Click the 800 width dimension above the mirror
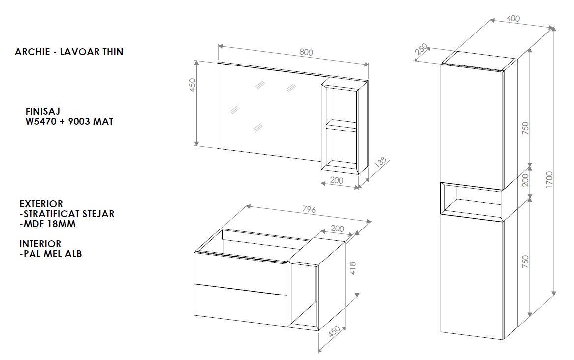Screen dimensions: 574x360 306,52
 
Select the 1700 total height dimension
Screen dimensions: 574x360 549,179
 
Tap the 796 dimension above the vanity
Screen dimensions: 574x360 309,209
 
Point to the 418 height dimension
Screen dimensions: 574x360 353,268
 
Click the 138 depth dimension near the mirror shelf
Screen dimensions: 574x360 381,162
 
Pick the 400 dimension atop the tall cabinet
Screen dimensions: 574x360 513,18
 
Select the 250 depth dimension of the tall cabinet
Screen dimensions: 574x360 421,49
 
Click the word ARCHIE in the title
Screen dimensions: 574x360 32,52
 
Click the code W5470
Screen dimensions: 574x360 41,121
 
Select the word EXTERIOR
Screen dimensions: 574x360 41,204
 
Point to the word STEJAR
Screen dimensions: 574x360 99,214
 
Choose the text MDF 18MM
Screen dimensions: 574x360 49,224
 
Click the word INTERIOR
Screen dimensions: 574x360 40,244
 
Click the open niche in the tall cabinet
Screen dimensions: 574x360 472,200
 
